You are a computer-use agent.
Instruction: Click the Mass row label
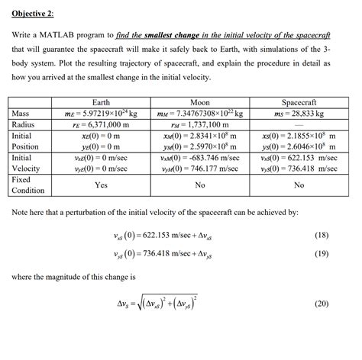click(x=22, y=113)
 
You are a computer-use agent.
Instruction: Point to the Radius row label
click(x=24, y=124)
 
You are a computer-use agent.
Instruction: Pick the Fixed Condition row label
click(x=27, y=184)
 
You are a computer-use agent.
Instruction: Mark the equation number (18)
click(x=341, y=235)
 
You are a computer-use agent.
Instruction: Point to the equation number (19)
click(x=341, y=254)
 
